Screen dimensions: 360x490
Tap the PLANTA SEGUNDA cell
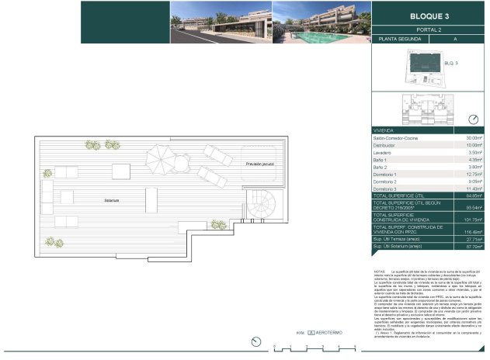coord(397,38)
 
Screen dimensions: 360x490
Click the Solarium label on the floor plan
coord(113,200)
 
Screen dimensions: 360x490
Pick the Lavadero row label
coord(385,153)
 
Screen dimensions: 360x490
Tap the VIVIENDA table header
coord(385,130)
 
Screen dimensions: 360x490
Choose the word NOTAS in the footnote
coord(381,272)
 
